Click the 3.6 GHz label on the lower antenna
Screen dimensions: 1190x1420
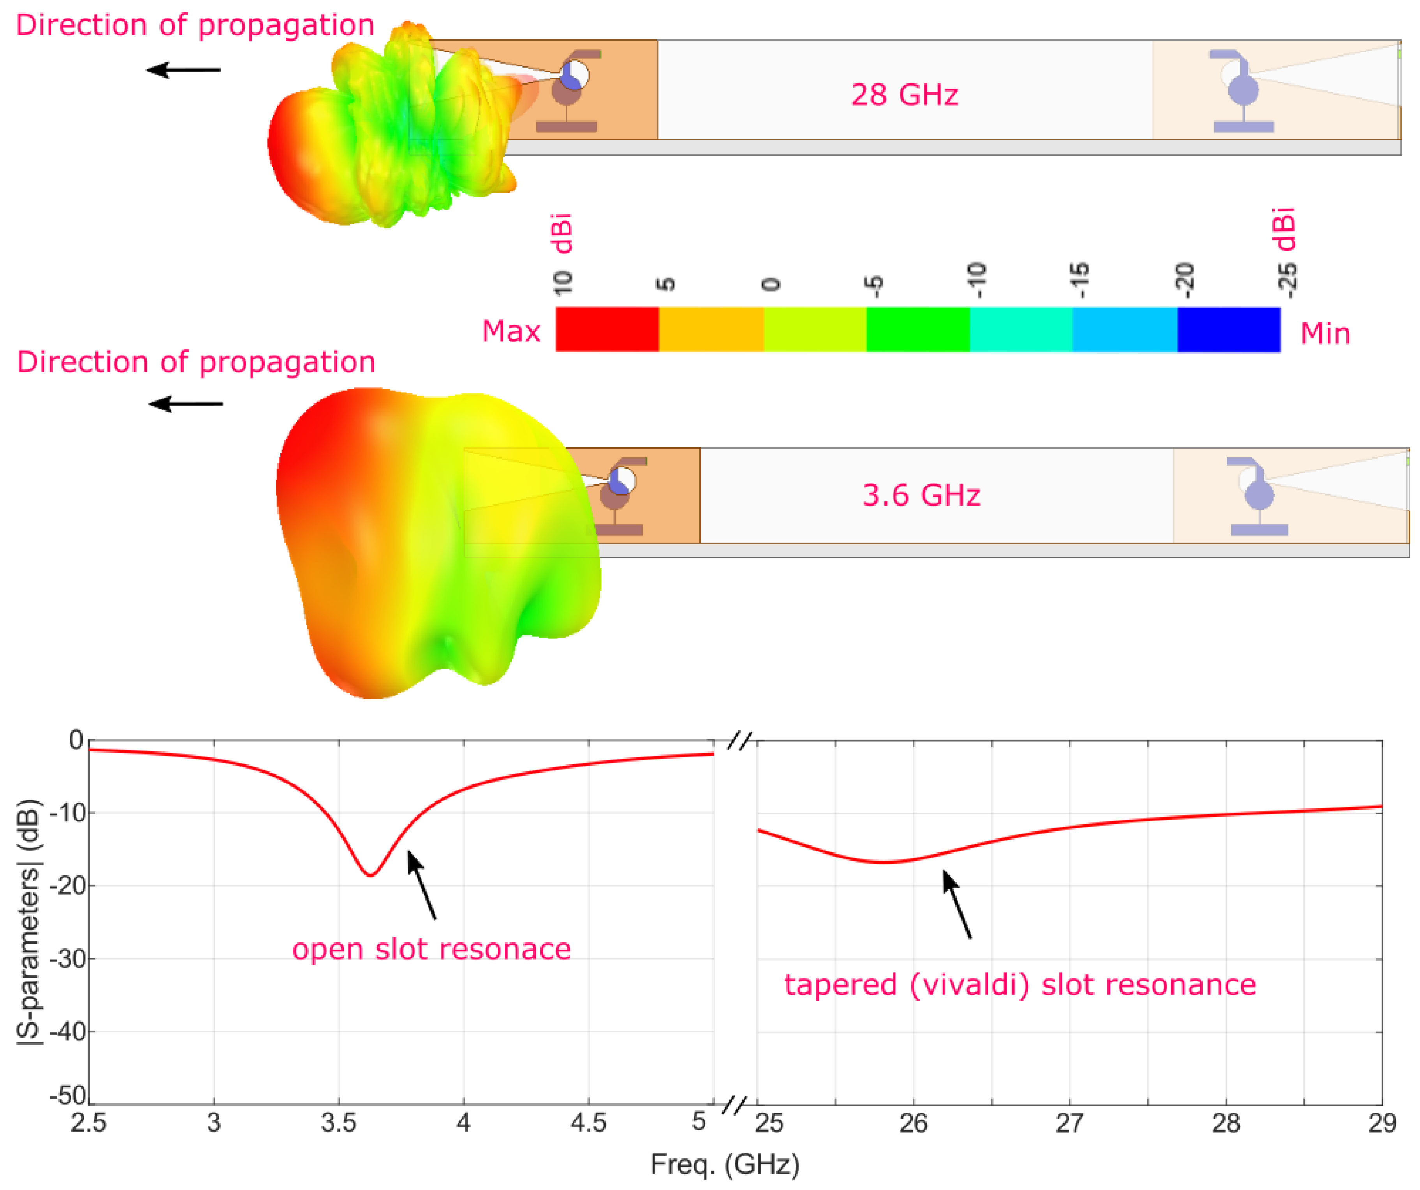[921, 495]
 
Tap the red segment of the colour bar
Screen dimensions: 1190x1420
[607, 329]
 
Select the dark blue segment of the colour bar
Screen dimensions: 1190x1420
[1229, 329]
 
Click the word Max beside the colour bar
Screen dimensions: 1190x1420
[511, 331]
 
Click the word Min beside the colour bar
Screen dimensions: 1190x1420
[1325, 334]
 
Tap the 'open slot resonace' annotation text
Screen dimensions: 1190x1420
[431, 949]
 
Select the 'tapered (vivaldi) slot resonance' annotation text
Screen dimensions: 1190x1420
[1020, 984]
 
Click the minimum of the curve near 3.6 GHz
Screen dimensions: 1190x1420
[371, 875]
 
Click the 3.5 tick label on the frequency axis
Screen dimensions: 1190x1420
[338, 1123]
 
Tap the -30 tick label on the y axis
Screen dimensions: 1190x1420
[68, 958]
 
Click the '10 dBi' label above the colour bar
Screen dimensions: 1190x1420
[563, 254]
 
